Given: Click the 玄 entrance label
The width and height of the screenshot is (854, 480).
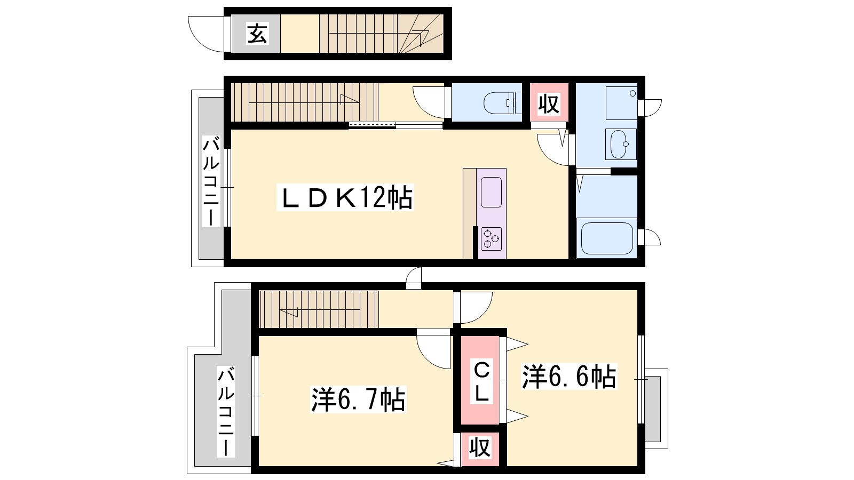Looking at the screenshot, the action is click(x=257, y=34).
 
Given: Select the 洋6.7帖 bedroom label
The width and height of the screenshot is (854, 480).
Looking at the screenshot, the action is click(x=358, y=399).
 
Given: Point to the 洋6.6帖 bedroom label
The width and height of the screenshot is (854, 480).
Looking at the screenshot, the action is click(x=569, y=377).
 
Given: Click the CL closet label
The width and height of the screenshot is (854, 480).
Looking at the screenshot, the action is click(x=481, y=381).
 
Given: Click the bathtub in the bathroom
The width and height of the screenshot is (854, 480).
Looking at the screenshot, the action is click(x=606, y=238).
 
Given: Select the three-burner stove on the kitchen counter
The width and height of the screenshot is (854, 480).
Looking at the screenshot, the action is click(x=491, y=239).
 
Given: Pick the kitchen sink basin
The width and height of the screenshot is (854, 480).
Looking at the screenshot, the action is click(x=491, y=193).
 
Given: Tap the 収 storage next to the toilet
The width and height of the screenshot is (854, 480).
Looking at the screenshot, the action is click(x=549, y=103).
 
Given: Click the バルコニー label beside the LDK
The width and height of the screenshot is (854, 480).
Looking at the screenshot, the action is click(x=211, y=181).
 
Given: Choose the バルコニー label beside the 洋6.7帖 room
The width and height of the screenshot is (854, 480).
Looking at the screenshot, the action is click(x=226, y=411).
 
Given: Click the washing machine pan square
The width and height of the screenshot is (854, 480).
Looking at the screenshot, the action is click(x=621, y=103).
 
